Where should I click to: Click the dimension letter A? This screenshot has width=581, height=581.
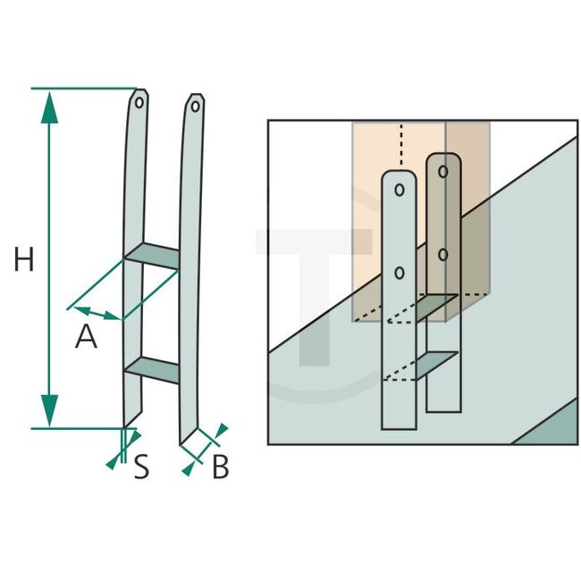86,337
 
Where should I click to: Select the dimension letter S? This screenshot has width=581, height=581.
141,467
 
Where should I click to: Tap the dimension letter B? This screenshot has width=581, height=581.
221,467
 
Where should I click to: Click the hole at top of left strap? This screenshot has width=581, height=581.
140,100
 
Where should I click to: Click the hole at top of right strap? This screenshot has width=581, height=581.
195,106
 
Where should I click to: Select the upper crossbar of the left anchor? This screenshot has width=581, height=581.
152,254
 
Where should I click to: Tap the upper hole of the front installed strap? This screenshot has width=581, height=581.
400,189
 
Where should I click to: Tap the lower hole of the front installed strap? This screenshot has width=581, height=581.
400,272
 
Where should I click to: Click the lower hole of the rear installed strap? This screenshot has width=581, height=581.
443,254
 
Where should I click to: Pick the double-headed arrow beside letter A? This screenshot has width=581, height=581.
97,313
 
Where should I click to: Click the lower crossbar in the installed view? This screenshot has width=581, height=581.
422,366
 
